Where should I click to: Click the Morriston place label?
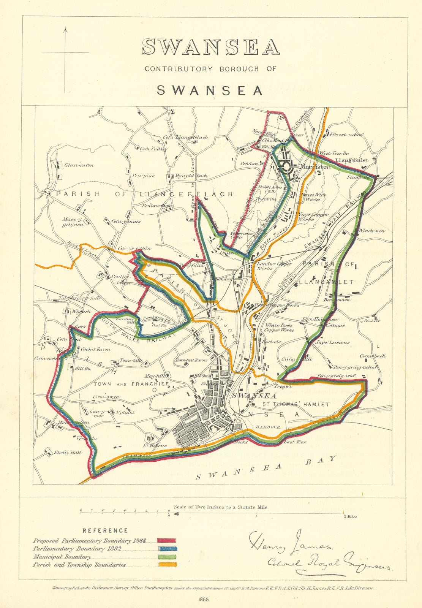coord(315,166)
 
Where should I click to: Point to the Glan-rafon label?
coord(79,165)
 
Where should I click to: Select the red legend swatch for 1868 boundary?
coord(167,540)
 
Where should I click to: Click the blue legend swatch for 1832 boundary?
coord(167,549)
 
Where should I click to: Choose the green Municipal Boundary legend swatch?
coord(167,557)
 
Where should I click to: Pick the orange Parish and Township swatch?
coord(167,565)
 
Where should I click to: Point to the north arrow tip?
coord(65,28)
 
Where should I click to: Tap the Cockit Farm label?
coord(95,349)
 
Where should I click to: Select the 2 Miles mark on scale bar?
coord(350,517)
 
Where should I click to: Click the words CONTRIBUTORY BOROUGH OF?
coord(210,69)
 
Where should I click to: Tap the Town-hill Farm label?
coord(191,360)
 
